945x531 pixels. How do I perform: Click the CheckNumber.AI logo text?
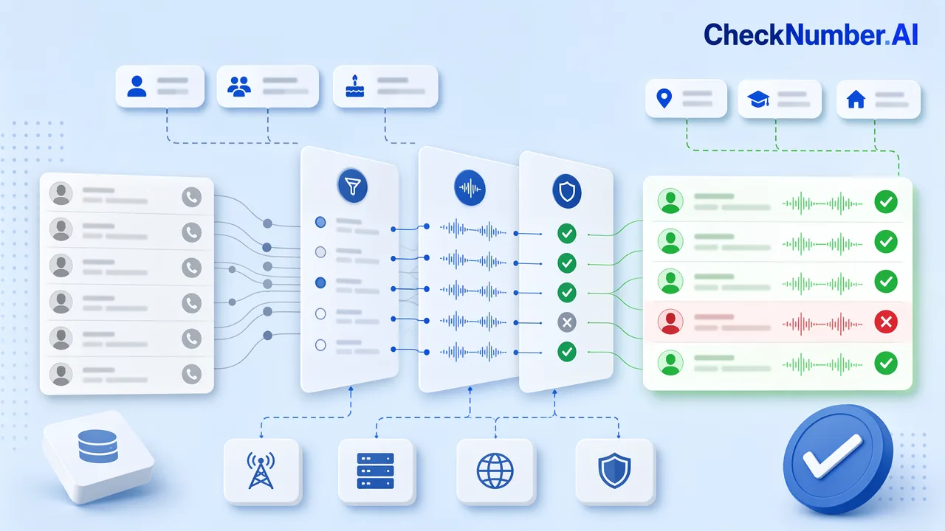tap(811, 34)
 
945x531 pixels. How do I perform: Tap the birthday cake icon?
tap(355, 86)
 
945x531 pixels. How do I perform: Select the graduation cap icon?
tap(758, 100)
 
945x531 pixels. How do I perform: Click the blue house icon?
tap(856, 100)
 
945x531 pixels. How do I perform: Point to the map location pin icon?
tap(664, 99)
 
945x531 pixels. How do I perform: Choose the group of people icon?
tap(239, 86)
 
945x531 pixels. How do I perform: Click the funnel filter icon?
tap(353, 186)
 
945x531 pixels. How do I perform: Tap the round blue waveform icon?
tap(470, 188)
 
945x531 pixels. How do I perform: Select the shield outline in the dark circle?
tap(567, 191)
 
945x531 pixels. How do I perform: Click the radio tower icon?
tap(261, 471)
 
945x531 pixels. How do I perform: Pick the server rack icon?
tap(375, 471)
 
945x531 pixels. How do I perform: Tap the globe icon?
tap(495, 471)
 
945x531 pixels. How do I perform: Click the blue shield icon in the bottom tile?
tap(614, 471)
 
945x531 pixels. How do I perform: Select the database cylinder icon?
tap(98, 446)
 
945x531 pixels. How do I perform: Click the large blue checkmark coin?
tap(837, 459)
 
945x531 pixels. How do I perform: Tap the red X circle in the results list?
tap(885, 322)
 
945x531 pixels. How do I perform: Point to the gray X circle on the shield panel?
tap(567, 323)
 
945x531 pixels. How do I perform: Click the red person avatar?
tap(670, 322)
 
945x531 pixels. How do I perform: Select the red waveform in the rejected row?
tap(822, 324)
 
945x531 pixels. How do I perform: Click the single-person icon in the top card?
tap(137, 86)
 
